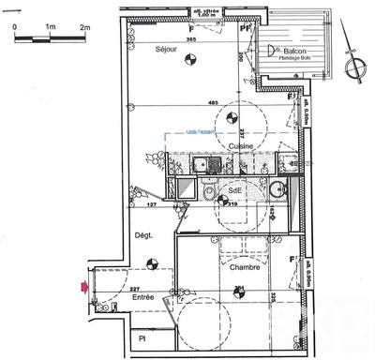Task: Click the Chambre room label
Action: [x=243, y=267]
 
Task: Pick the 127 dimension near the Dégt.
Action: [x=150, y=202]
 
